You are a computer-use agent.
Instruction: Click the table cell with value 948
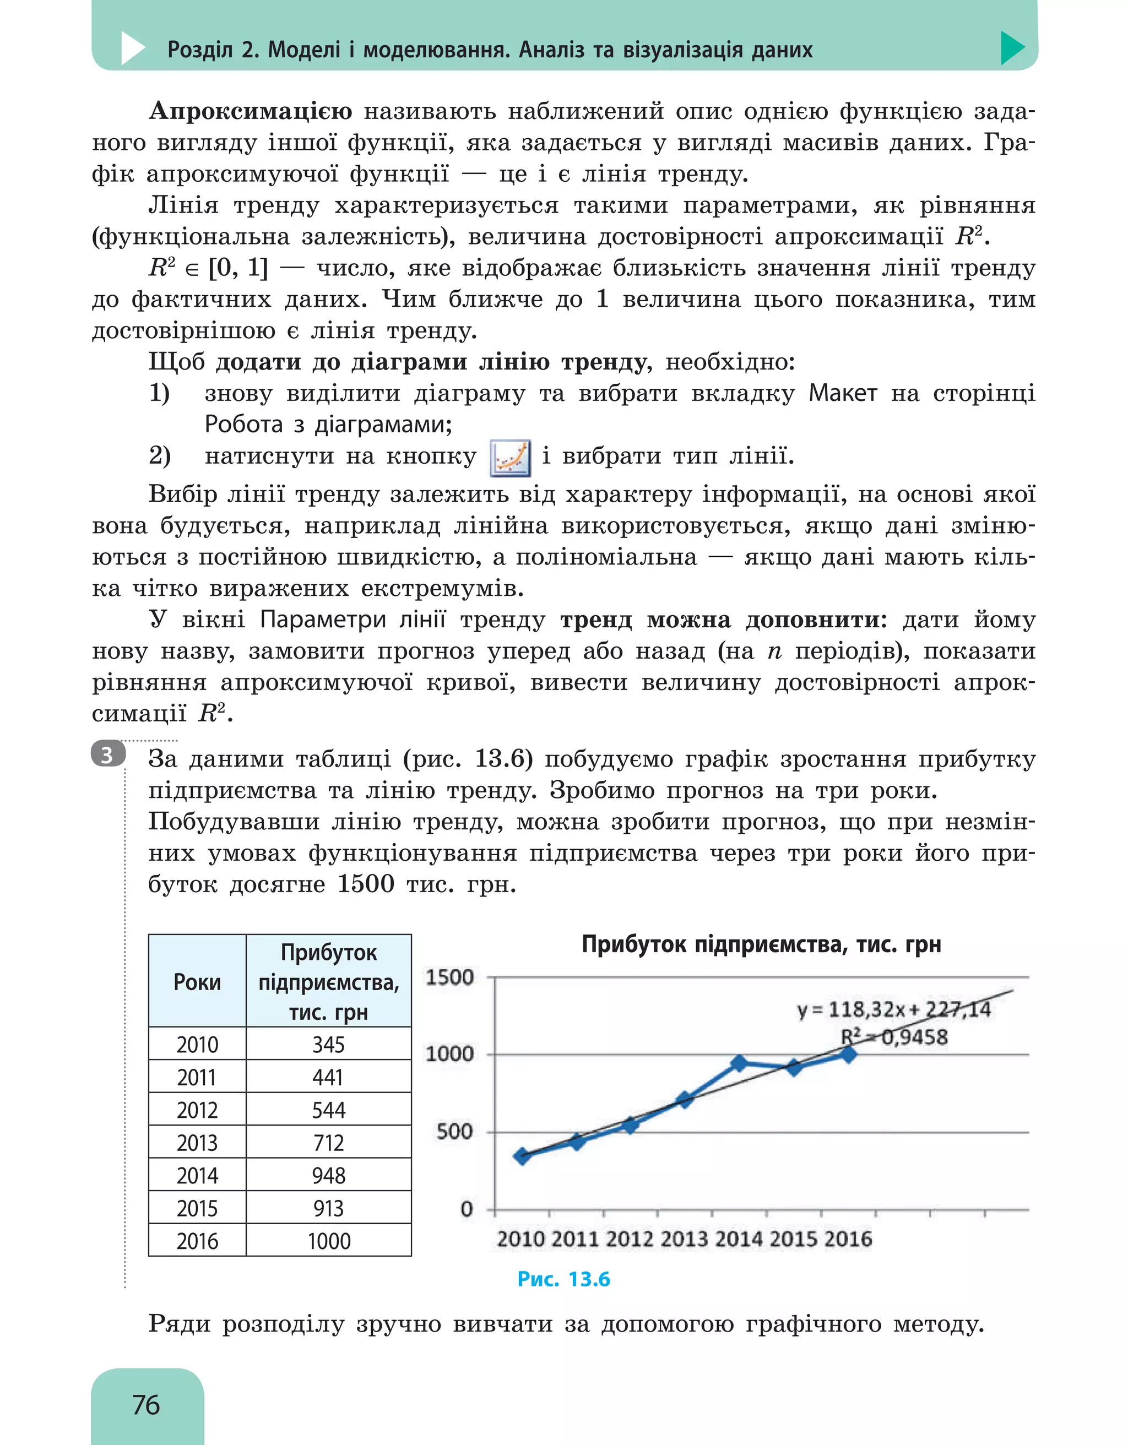[328, 1175]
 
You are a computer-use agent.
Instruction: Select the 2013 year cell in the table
[197, 1143]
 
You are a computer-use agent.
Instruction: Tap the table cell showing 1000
[328, 1241]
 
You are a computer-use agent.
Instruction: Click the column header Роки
[197, 982]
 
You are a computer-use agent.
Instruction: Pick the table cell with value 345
[328, 1044]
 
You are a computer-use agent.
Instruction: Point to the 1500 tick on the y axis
[449, 977]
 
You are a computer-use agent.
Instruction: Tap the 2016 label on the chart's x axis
[848, 1238]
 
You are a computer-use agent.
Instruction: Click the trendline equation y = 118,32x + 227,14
[893, 1009]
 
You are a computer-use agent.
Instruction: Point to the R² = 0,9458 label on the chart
[894, 1037]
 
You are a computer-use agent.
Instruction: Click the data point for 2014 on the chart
[740, 1063]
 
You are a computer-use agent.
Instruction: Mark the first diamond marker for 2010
[522, 1156]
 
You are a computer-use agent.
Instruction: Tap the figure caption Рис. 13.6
[563, 1279]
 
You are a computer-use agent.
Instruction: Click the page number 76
[146, 1404]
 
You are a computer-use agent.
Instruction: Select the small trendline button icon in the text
[510, 457]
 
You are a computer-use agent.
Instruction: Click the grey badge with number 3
[108, 755]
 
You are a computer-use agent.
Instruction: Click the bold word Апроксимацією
[251, 111]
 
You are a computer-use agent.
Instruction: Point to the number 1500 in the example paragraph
[366, 884]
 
